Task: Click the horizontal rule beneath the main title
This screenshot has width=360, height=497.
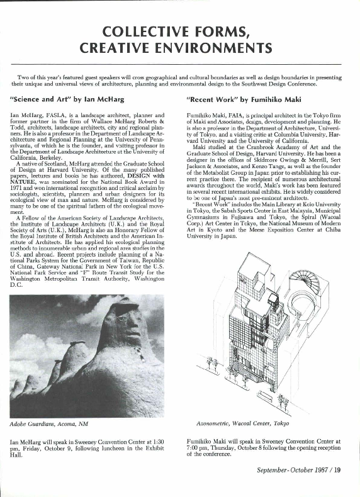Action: (180, 65)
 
